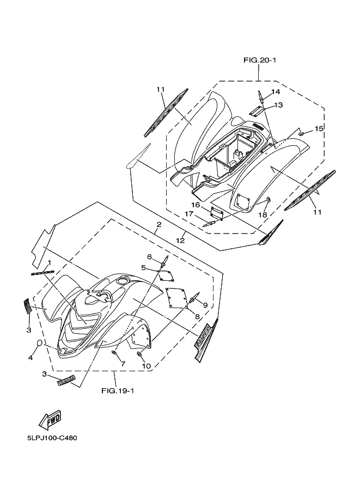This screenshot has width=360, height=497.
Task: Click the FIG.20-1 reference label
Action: pos(260,60)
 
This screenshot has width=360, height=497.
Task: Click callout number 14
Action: pos(276,91)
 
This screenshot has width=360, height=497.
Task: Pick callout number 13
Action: pos(278,105)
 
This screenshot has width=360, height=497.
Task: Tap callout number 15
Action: pos(319,128)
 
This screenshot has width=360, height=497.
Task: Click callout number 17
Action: pos(188,214)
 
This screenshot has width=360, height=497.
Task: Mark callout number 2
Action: pos(158,224)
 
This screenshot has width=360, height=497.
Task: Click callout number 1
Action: pos(50,262)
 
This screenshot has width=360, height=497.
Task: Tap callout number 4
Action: pos(30,358)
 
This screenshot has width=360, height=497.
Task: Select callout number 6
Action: pos(149,256)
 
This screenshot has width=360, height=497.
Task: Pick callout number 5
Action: pos(143,268)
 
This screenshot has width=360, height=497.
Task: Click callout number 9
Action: pos(206,304)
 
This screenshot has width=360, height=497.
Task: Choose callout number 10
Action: pos(147,366)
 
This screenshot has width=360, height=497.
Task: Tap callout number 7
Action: pos(123,363)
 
